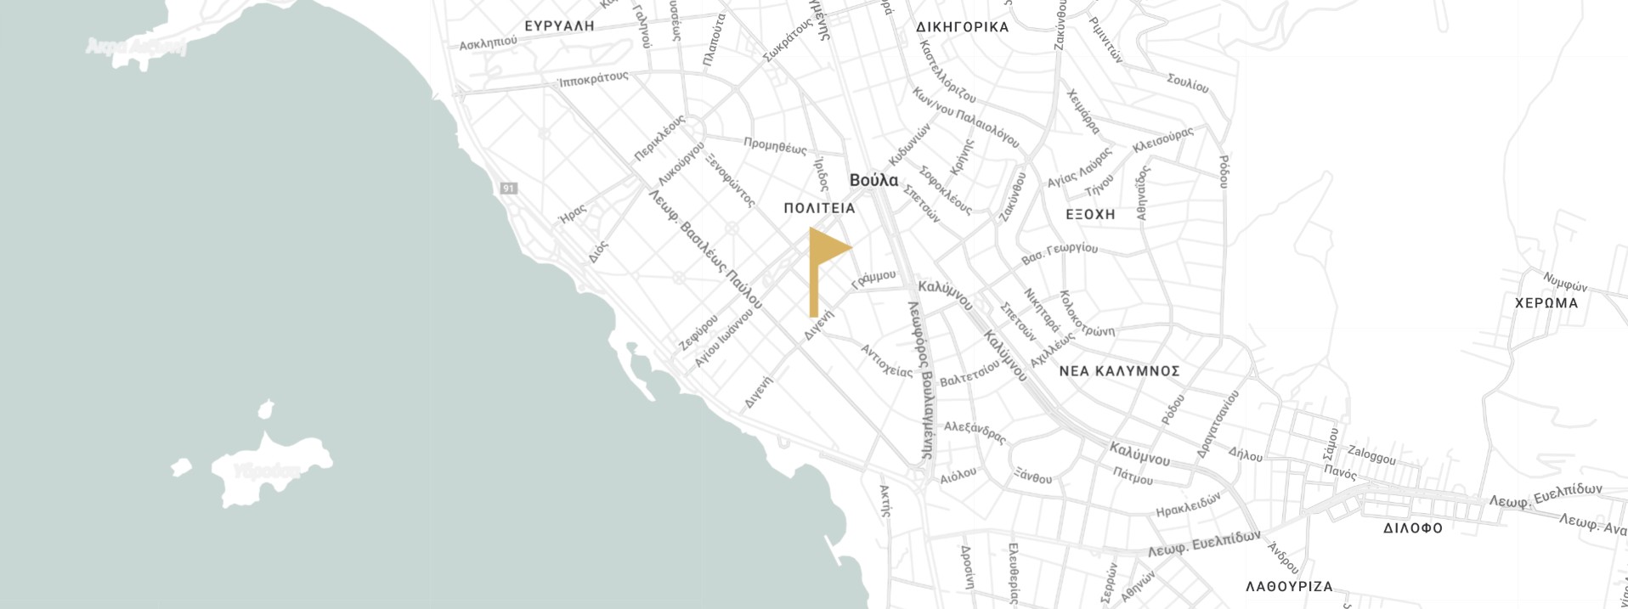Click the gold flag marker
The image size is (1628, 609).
tap(824, 255)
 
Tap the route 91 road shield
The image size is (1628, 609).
tap(508, 188)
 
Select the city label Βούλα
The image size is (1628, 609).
tap(873, 180)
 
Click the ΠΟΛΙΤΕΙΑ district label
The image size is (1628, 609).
tap(819, 208)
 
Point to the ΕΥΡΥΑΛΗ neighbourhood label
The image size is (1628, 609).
tap(559, 26)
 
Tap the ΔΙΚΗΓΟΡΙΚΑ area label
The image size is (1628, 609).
tap(963, 27)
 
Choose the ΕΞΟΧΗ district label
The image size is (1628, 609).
tap(1090, 215)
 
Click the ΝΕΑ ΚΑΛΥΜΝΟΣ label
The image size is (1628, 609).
tap(1119, 371)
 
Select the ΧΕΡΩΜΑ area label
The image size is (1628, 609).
tap(1546, 303)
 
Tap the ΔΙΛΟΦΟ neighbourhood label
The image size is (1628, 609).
tap(1412, 528)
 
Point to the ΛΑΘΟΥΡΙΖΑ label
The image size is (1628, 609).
tap(1289, 587)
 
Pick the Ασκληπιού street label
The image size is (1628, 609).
tap(488, 42)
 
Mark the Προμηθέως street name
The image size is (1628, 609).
tap(775, 146)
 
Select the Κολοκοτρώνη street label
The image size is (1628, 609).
tap(1085, 314)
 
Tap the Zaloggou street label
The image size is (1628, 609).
tap(1371, 454)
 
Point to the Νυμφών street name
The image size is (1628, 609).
tap(1565, 283)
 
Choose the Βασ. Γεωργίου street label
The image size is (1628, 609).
tap(1059, 252)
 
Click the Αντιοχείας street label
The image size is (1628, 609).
tap(886, 361)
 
